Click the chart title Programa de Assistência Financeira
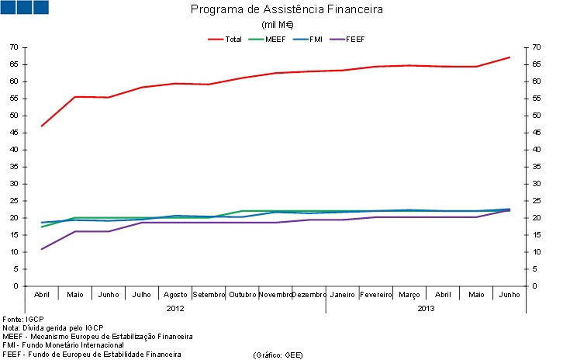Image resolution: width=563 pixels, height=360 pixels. (x=287, y=10)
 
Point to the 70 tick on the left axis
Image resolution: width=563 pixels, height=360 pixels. (x=13, y=47)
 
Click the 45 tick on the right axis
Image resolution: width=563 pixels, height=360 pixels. (x=534, y=133)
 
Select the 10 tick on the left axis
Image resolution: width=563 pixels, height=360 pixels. (x=13, y=252)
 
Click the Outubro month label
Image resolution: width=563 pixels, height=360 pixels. (x=243, y=295)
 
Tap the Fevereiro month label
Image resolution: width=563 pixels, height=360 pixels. (x=375, y=295)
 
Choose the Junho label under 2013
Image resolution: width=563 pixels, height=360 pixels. (x=509, y=295)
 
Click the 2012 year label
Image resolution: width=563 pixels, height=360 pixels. (x=175, y=308)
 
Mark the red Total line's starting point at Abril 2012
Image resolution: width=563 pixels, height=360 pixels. (x=42, y=126)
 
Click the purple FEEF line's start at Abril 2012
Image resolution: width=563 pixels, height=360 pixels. (x=42, y=249)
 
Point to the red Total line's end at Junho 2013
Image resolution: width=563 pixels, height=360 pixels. (x=509, y=57)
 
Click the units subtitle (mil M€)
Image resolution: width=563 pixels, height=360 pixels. (x=287, y=25)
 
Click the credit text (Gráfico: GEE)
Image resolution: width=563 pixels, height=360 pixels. (x=278, y=355)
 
